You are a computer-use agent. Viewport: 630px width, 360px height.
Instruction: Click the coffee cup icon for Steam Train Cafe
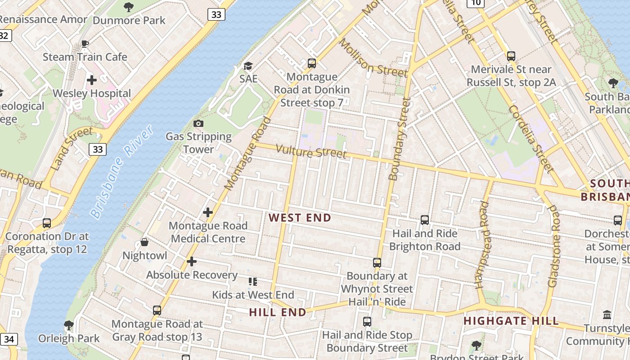pyautogui.click(x=85, y=44)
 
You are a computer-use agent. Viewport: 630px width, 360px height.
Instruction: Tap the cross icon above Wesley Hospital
pyautogui.click(x=92, y=80)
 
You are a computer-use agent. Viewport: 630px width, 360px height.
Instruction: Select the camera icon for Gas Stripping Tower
pyautogui.click(x=198, y=123)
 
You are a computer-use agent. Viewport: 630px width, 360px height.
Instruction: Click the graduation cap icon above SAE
pyautogui.click(x=248, y=66)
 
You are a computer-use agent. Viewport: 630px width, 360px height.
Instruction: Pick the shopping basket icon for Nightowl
pyautogui.click(x=144, y=243)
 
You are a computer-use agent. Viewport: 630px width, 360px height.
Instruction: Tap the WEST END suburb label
pyautogui.click(x=300, y=218)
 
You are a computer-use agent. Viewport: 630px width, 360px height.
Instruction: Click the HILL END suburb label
pyautogui.click(x=277, y=312)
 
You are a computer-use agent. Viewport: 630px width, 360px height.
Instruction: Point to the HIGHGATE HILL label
pyautogui.click(x=511, y=321)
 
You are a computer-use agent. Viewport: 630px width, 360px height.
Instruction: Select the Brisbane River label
pyautogui.click(x=121, y=172)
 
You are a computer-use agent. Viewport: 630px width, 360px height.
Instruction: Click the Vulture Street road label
pyautogui.click(x=311, y=152)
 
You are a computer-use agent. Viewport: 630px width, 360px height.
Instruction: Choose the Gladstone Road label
pyautogui.click(x=553, y=247)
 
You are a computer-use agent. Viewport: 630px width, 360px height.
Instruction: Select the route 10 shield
pyautogui.click(x=476, y=3)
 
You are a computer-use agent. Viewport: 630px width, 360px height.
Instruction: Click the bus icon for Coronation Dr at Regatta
pyautogui.click(x=47, y=223)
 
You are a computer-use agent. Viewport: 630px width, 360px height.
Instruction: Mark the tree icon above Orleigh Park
pyautogui.click(x=69, y=324)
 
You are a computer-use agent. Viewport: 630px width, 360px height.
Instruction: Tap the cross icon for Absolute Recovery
pyautogui.click(x=192, y=261)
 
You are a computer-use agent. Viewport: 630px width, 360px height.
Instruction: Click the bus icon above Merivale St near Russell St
pyautogui.click(x=511, y=56)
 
